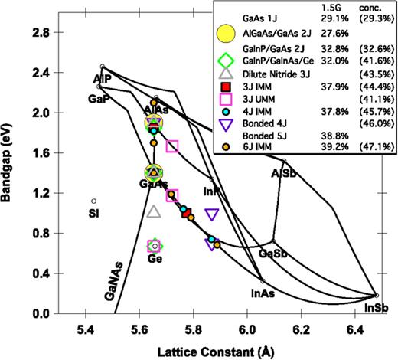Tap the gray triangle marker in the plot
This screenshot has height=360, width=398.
coord(154,212)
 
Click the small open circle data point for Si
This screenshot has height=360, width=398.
coord(93,201)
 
